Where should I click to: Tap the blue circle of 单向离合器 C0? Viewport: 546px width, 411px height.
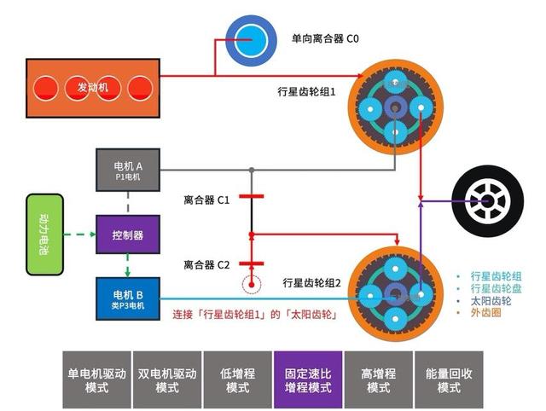[x=248, y=38]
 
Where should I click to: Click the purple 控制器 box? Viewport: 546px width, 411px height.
[x=127, y=234]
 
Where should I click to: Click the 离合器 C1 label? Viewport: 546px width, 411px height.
[x=206, y=200]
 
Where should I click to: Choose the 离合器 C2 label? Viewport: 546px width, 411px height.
[x=206, y=264]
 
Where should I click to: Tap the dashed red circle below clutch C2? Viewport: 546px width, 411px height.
[x=250, y=284]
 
